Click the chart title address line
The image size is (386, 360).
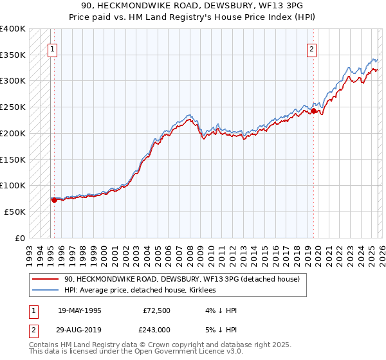click(x=193, y=6)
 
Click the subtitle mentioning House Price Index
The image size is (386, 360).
click(x=193, y=17)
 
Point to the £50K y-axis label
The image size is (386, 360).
click(x=15, y=212)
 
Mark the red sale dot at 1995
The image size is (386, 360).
click(x=54, y=200)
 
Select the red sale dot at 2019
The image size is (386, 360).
click(x=313, y=111)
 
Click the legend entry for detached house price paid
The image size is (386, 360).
click(x=182, y=279)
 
